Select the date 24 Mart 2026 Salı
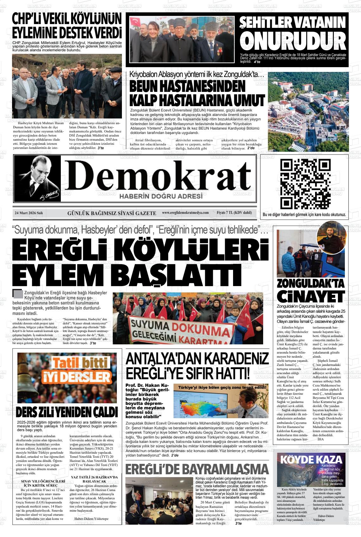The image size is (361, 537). point(29,213)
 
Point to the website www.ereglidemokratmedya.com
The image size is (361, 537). point(185,213)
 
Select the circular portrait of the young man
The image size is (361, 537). point(332,237)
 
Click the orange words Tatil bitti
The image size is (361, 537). point(80,363)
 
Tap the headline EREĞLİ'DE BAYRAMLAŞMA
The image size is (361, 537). point(197,469)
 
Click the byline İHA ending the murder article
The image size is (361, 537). point(321,439)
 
